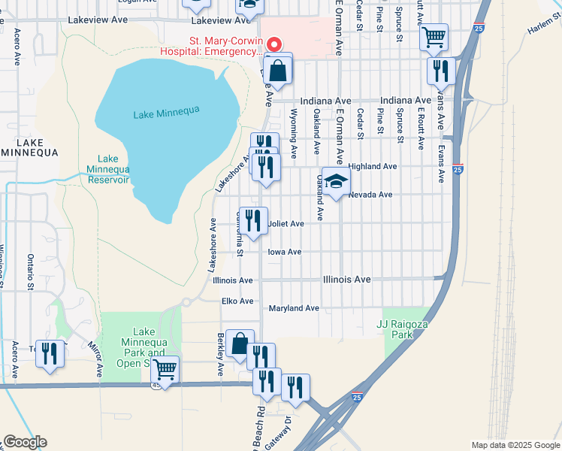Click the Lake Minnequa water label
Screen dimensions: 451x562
166,112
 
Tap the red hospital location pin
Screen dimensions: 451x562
274,45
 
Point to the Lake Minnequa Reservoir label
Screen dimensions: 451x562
108,170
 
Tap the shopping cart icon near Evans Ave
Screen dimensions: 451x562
434,36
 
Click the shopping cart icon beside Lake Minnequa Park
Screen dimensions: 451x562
165,370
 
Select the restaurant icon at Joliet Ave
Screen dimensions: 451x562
253,221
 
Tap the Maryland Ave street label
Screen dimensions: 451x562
294,308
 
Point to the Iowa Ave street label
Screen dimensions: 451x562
285,252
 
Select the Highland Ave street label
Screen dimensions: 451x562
373,166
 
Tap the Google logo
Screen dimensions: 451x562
24,442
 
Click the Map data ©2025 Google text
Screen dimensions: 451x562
515,445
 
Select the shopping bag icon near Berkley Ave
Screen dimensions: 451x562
240,344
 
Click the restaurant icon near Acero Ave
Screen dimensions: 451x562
50,354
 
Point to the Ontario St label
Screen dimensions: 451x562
31,271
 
